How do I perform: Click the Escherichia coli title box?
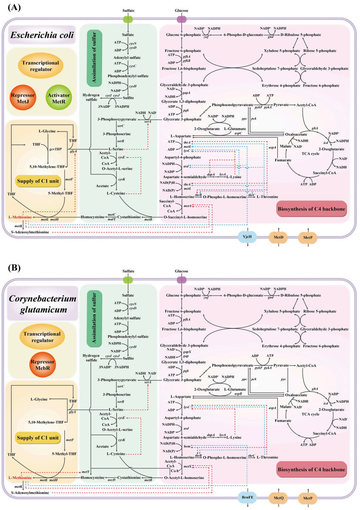(x=41, y=35)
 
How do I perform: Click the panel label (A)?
(x=11, y=7)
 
